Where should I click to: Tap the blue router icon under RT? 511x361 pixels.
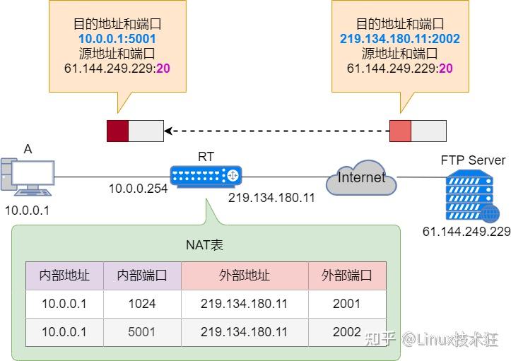pyautogui.click(x=206, y=175)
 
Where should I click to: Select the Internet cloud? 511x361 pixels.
pyautogui.click(x=361, y=178)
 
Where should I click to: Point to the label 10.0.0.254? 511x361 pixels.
pyautogui.click(x=138, y=189)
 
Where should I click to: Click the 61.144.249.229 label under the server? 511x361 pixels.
pyautogui.click(x=466, y=232)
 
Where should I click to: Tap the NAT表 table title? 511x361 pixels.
pyautogui.click(x=205, y=245)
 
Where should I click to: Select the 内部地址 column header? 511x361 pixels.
pyautogui.click(x=64, y=276)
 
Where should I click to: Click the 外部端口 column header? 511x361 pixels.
pyautogui.click(x=346, y=276)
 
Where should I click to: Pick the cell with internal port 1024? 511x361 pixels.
pyautogui.click(x=142, y=304)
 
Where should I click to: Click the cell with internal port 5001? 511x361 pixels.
pyautogui.click(x=142, y=332)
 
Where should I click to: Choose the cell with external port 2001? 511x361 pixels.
pyautogui.click(x=346, y=304)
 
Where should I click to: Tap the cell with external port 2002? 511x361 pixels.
pyautogui.click(x=346, y=332)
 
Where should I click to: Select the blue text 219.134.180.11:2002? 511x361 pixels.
pyautogui.click(x=399, y=37)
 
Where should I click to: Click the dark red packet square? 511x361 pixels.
pyautogui.click(x=117, y=131)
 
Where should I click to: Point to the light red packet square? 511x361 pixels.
pyautogui.click(x=400, y=131)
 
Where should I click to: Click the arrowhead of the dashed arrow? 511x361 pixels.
pyautogui.click(x=169, y=131)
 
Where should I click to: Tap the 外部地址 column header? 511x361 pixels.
pyautogui.click(x=245, y=276)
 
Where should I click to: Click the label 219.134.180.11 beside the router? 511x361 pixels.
pyautogui.click(x=271, y=197)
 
